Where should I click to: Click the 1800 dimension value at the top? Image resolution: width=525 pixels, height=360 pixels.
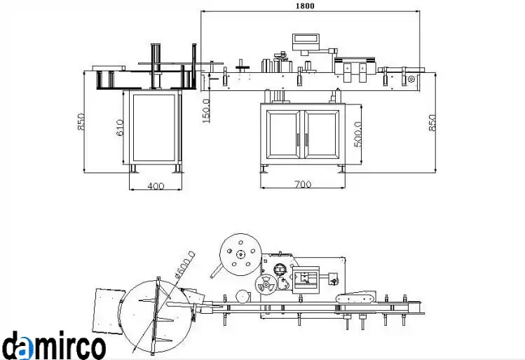[305, 6]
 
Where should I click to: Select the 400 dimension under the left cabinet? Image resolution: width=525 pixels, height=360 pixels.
[156, 186]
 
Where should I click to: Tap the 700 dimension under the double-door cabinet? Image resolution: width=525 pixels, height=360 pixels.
[303, 184]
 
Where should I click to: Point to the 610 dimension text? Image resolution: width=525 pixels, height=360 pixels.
[120, 127]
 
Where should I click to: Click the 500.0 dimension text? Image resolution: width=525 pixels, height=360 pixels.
[357, 134]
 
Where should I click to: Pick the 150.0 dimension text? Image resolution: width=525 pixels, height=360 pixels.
[206, 111]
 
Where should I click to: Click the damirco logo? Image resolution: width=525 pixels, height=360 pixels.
[53, 345]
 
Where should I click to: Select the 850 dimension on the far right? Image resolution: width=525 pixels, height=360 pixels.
[432, 123]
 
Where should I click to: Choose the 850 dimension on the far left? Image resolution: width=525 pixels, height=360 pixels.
[81, 122]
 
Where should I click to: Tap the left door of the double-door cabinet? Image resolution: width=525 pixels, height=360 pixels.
[284, 134]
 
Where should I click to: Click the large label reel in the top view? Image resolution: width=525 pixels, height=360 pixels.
[240, 255]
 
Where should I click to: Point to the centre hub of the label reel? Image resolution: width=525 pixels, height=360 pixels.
[240, 255]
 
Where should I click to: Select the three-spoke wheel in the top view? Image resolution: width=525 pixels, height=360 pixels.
[266, 285]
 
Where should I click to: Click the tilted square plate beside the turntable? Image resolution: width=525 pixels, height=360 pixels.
[109, 311]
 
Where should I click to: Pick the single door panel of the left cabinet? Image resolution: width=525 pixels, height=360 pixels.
[154, 127]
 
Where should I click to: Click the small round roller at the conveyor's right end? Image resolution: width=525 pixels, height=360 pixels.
[411, 79]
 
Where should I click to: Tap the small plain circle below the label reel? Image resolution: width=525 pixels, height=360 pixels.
[243, 296]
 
